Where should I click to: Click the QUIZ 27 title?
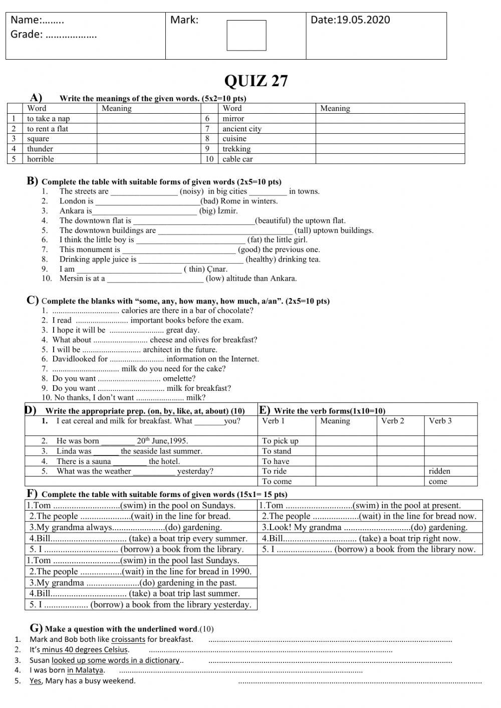[x=256, y=81]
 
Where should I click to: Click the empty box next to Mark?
[x=246, y=36]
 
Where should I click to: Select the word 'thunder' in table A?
[x=40, y=149]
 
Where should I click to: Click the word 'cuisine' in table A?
[x=234, y=139]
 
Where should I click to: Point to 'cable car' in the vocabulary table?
[x=237, y=159]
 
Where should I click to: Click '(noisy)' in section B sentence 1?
[x=191, y=191]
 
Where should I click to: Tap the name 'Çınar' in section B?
[x=216, y=269]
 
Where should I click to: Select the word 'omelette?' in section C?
[x=179, y=378]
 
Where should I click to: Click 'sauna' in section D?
[x=99, y=461]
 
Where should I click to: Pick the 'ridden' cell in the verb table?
[x=439, y=471]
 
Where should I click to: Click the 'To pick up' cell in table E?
[x=280, y=441]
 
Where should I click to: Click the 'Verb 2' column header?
[x=392, y=421]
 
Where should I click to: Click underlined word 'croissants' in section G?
[x=128, y=640]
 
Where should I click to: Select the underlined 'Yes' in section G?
[x=35, y=681]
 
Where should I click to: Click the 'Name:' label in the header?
[x=26, y=20]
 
